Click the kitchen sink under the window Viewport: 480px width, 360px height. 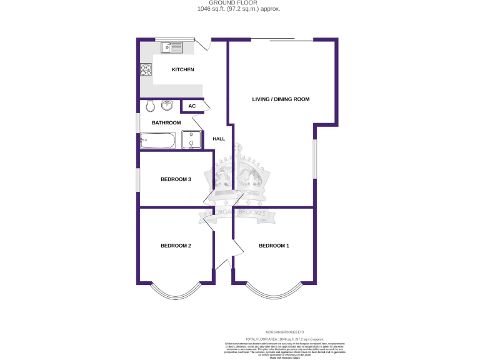pos(171,47)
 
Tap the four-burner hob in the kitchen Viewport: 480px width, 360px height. pos(146,71)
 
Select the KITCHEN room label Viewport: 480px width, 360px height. pos(183,69)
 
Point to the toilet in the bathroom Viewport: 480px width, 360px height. pos(149,106)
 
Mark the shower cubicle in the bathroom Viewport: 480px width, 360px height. pos(191,140)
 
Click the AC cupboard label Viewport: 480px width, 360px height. pos(192,106)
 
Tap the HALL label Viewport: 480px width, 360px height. pos(219,139)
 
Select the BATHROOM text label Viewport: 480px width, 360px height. pos(166,122)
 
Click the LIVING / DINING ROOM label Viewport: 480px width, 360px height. pos(281,99)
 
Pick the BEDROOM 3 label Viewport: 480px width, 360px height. pos(176,179)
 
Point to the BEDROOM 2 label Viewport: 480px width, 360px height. pos(176,246)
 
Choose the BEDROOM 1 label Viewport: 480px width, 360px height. pos(274,246)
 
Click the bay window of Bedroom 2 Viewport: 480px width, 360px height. pos(176,291)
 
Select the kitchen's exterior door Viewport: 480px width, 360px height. pos(202,44)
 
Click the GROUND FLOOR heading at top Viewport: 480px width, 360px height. pos(239,3)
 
